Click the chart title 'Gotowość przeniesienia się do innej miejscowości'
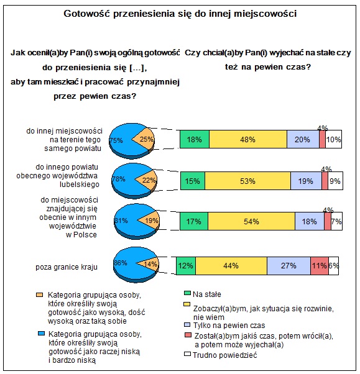click(x=180, y=14)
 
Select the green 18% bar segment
click(x=195, y=139)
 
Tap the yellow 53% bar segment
click(x=248, y=181)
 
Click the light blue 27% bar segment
click(x=289, y=266)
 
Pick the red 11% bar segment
click(x=320, y=266)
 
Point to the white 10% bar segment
click(x=333, y=139)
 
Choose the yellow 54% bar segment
click(x=252, y=221)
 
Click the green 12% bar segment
click(x=186, y=266)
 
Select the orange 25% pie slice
click(x=144, y=139)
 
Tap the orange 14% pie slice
click(x=149, y=264)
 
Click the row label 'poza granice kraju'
click(x=67, y=267)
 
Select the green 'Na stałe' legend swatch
click(x=187, y=293)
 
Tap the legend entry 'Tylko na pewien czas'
click(x=229, y=326)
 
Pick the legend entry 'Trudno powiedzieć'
click(x=225, y=355)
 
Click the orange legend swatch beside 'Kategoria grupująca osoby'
click(x=39, y=295)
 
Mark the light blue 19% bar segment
click(x=306, y=181)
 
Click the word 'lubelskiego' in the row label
click(x=79, y=185)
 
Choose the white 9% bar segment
click(x=335, y=181)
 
